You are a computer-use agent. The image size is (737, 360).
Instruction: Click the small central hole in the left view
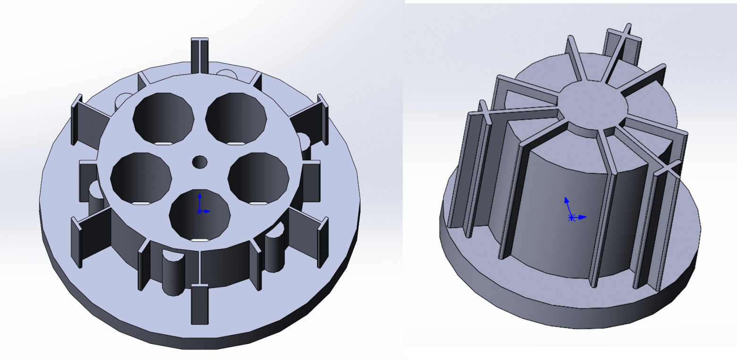(x=199, y=162)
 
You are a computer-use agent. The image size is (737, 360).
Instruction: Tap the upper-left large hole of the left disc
(x=163, y=118)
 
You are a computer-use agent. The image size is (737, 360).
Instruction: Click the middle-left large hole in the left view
(x=141, y=178)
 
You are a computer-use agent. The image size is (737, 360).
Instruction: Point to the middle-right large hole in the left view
(x=258, y=178)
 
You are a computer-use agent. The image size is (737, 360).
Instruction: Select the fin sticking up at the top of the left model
(x=200, y=54)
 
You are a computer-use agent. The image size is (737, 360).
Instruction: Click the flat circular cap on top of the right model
(x=593, y=104)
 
